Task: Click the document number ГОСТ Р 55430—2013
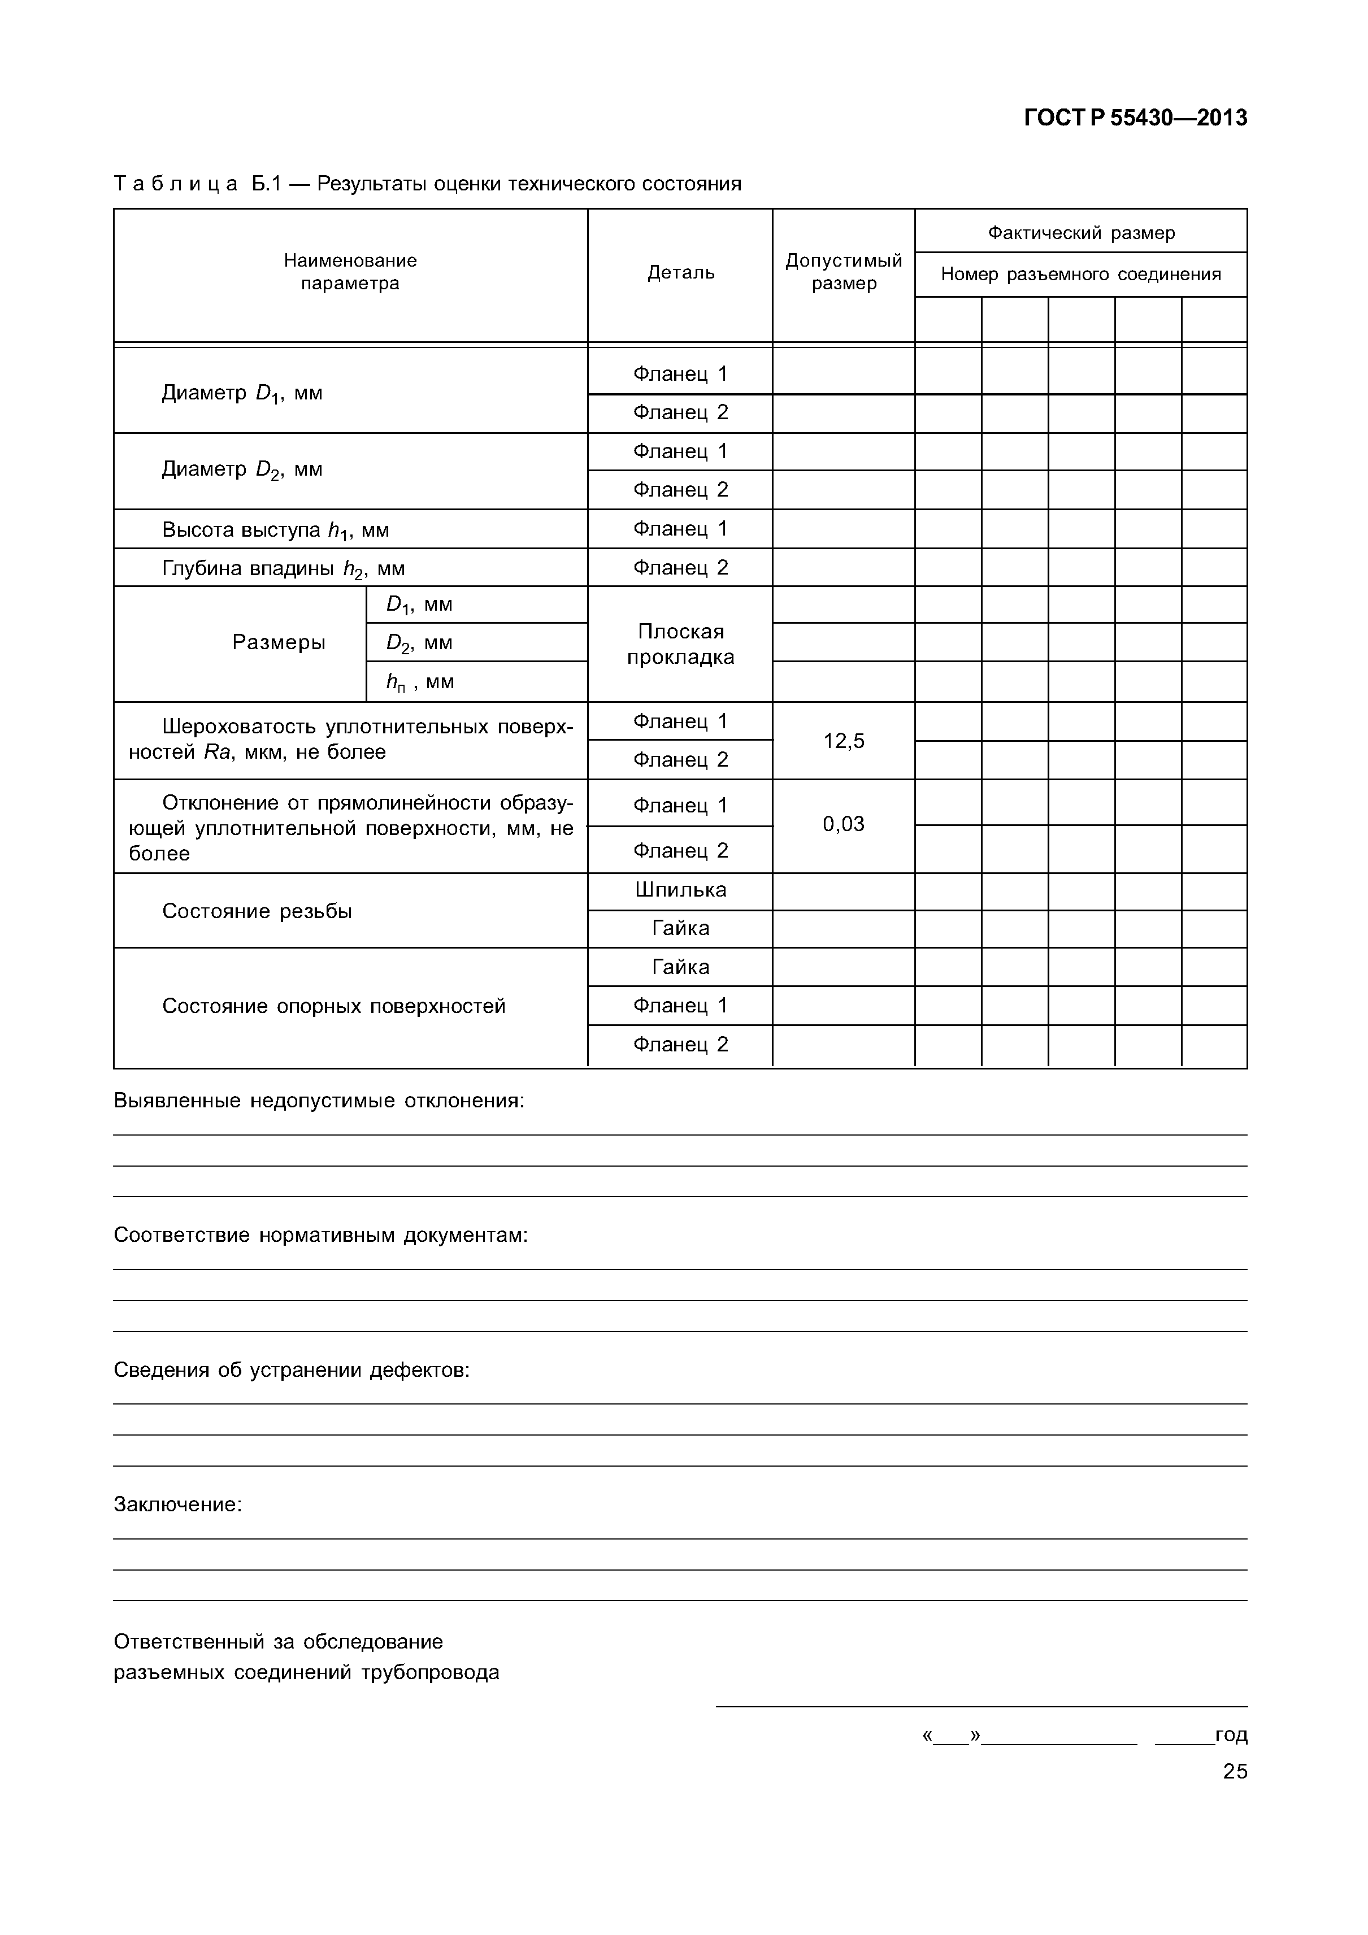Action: [1135, 118]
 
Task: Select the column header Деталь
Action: [680, 272]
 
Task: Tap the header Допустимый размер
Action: [843, 272]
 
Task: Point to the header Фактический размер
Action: [1080, 233]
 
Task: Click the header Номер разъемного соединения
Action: [1080, 274]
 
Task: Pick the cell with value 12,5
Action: [843, 741]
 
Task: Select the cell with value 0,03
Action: [843, 824]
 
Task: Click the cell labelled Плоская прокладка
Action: [680, 644]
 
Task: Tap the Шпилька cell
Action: [680, 890]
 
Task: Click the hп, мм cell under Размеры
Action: [420, 682]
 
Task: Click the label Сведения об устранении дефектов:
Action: [292, 1371]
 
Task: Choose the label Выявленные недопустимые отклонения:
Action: [319, 1102]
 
